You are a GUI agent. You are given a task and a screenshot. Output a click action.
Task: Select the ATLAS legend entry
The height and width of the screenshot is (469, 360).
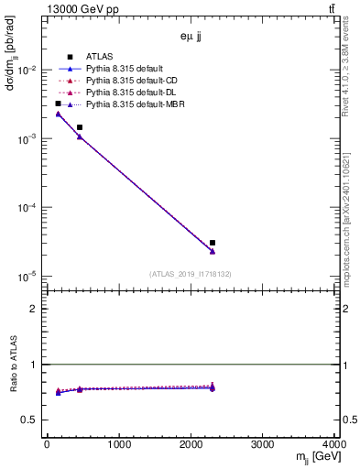pyautogui.click(x=100, y=57)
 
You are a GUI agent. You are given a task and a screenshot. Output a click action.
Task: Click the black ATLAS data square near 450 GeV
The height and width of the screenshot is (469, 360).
pyautogui.click(x=80, y=127)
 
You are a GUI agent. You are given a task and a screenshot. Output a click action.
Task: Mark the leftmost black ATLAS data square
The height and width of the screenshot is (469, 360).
pyautogui.click(x=58, y=104)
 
